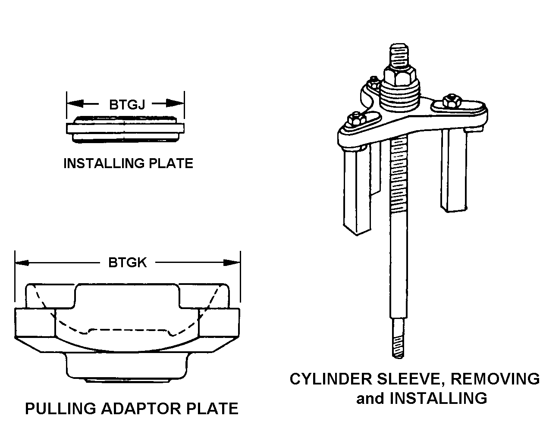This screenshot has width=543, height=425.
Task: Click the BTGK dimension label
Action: click(127, 262)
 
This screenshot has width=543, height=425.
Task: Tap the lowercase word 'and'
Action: click(370, 398)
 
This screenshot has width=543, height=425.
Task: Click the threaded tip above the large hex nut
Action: click(399, 54)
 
